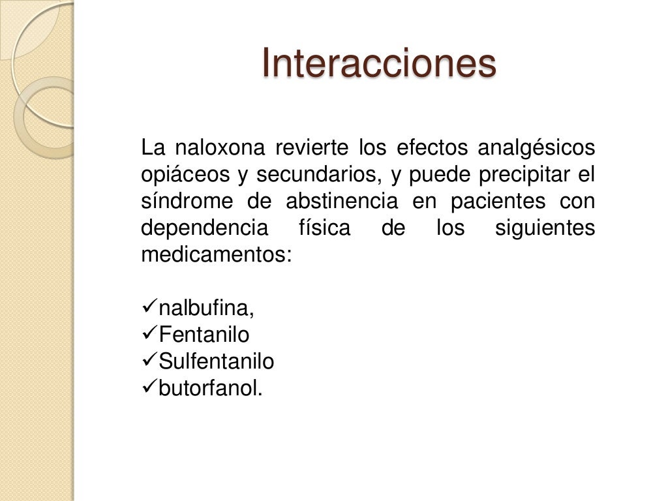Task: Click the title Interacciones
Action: pos(378,63)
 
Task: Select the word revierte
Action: pos(312,149)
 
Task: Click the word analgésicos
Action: pos(536,149)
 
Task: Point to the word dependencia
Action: pos(205,229)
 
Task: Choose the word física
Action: pos(324,229)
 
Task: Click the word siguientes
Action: pos(545,229)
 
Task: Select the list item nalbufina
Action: pos(206,309)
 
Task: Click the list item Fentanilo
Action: pos(204,335)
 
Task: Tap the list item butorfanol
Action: pos(210,388)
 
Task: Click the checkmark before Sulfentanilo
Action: pos(149,361)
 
